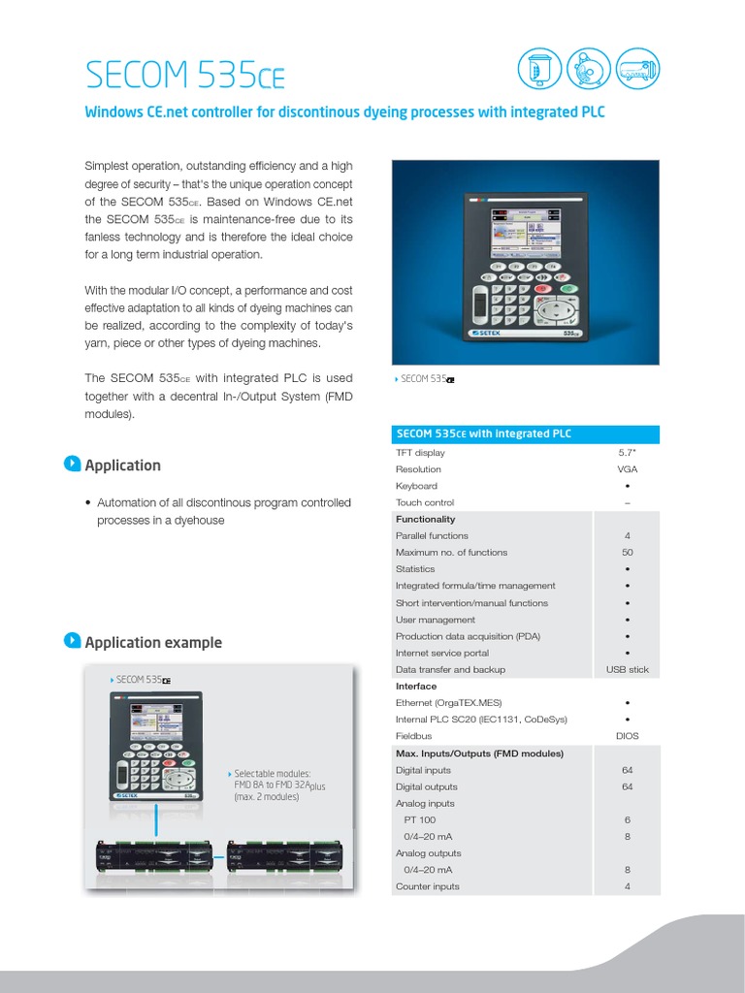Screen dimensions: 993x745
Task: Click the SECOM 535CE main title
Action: [185, 74]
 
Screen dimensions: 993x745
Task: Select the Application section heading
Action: [122, 465]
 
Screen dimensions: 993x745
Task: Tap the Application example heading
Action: [152, 642]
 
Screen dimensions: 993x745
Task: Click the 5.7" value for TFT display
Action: [627, 453]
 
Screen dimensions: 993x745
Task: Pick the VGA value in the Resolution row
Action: [627, 469]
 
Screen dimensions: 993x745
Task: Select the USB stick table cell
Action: [627, 670]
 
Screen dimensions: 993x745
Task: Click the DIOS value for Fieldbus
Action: [627, 736]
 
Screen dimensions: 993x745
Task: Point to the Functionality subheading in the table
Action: [425, 519]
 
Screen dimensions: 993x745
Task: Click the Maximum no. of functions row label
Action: [451, 553]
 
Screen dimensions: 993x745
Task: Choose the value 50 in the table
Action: [627, 553]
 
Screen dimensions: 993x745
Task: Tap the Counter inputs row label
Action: [428, 886]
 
